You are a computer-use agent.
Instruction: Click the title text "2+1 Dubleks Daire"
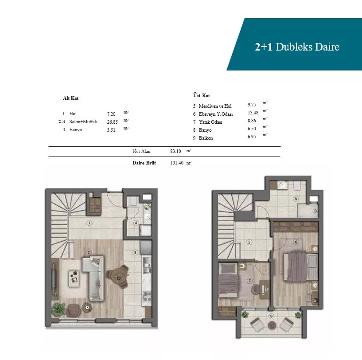(x=297, y=47)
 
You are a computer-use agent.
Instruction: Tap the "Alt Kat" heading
(x=70, y=98)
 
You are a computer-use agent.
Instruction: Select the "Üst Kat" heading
(x=202, y=95)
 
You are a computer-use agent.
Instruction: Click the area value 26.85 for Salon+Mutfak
(x=113, y=122)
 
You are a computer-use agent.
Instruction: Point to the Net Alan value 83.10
(x=175, y=151)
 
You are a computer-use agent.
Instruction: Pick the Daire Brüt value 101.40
(x=177, y=163)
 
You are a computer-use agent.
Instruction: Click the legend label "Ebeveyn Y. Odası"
(x=216, y=114)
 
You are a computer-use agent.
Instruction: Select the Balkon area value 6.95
(x=252, y=137)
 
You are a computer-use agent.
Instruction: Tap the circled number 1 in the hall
(x=90, y=223)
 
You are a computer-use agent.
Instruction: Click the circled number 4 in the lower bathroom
(x=136, y=223)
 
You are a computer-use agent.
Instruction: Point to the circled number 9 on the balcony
(x=271, y=316)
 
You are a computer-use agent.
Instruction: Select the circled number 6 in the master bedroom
(x=296, y=242)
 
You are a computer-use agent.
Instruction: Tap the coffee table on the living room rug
(x=74, y=277)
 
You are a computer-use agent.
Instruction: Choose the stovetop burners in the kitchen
(x=147, y=297)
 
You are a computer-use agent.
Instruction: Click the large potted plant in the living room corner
(x=58, y=309)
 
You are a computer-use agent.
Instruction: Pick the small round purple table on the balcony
(x=272, y=325)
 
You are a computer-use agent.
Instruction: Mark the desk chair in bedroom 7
(x=256, y=290)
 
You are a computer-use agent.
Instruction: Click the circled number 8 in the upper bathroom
(x=296, y=199)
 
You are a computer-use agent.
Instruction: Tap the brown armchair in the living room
(x=74, y=310)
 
